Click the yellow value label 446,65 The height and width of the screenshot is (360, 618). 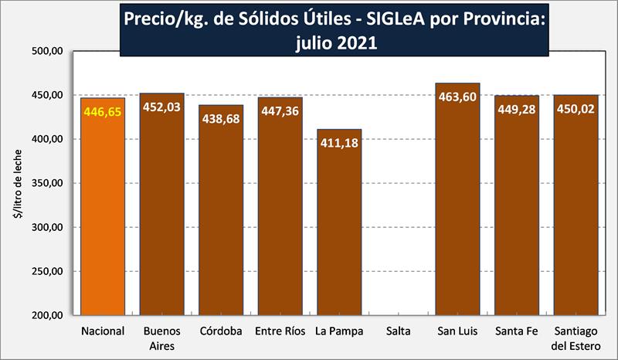coord(103,112)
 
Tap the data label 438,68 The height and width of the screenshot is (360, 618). coord(221,120)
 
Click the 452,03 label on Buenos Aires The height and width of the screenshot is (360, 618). coord(161,107)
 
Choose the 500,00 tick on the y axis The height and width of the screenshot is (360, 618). coord(46,52)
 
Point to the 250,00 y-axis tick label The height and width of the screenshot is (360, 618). coord(46,271)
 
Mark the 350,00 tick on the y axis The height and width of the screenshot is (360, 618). coord(46,184)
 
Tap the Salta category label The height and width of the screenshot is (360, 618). coord(399,332)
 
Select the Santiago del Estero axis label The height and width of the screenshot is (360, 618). coord(576,338)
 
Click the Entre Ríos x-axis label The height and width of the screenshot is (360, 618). coord(280,332)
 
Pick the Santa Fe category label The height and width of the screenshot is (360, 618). coord(516,332)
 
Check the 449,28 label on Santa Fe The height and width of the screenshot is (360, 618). coord(516,110)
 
